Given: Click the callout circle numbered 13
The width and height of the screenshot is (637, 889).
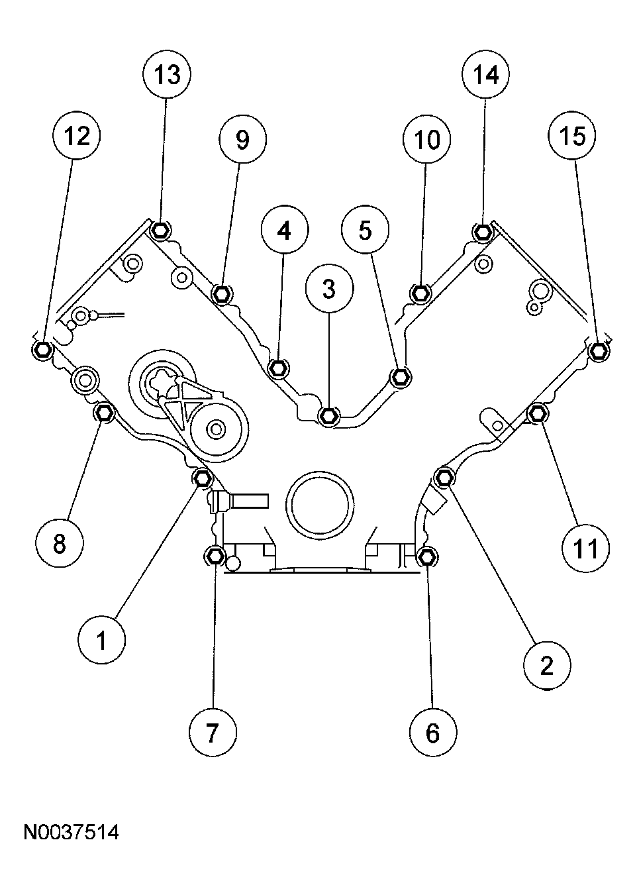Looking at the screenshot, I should tap(167, 76).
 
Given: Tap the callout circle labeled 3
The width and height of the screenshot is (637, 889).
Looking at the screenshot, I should tap(330, 289).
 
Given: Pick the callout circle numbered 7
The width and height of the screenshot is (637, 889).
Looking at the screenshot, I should tap(213, 732).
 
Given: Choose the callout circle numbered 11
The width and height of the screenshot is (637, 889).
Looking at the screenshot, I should tap(585, 548).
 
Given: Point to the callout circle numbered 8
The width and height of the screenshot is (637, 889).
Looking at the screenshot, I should tap(60, 544).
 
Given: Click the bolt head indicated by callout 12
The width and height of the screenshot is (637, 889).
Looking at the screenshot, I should tap(42, 350).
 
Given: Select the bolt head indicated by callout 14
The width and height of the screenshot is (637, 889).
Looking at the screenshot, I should tap(483, 232).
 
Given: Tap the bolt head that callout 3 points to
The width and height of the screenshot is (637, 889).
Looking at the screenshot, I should tap(329, 415).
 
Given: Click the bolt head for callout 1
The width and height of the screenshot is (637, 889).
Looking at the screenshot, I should tap(201, 477).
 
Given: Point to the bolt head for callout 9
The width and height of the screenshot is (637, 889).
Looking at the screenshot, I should tap(222, 293).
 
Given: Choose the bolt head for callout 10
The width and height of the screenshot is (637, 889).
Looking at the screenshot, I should tap(420, 292).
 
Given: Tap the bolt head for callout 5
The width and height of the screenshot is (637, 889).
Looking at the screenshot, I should tap(400, 378).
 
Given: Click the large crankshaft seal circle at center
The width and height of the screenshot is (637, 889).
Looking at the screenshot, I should tap(321, 503).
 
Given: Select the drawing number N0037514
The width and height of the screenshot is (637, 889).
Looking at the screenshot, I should tap(72, 832).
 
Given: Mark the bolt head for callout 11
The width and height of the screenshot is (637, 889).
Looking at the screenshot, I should tap(536, 413).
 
